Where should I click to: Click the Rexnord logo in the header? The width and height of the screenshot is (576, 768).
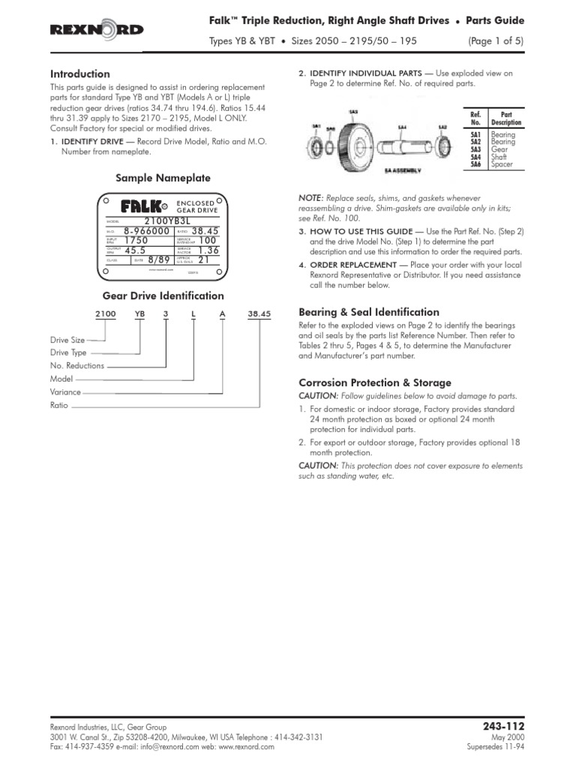point(97,30)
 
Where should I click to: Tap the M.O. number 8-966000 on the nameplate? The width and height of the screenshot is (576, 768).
point(148,232)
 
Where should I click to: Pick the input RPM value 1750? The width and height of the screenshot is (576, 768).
point(138,241)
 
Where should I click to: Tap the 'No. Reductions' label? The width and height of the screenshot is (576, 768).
point(77,366)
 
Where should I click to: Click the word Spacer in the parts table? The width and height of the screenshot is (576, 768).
point(502,164)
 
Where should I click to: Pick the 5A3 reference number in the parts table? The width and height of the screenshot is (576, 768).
point(475,149)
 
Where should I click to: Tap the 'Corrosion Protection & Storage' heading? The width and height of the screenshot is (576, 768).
point(375,382)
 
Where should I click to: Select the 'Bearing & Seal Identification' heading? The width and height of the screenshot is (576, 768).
point(369,312)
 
